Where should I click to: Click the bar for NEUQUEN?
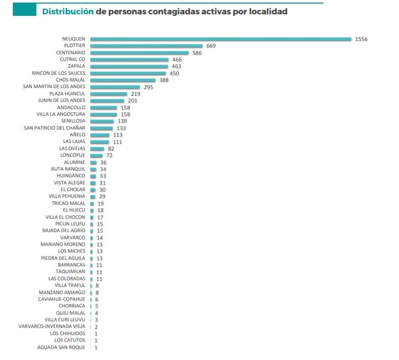tap(220, 39)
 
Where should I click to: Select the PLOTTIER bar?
tap(146, 46)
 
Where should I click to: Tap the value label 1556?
tap(361, 39)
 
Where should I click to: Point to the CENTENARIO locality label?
tap(71, 53)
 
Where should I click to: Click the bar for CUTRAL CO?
tap(129, 59)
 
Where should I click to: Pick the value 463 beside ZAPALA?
tap(177, 67)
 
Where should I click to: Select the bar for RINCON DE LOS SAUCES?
tap(128, 73)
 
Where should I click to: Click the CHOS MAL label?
tap(70, 80)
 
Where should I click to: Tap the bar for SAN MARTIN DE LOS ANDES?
tap(115, 87)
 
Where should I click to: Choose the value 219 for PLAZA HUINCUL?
tap(136, 94)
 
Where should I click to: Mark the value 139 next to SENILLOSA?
tap(122, 121)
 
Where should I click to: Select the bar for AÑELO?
tap(99, 135)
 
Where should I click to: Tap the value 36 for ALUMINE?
tap(103, 162)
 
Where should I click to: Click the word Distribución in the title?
tap(68, 11)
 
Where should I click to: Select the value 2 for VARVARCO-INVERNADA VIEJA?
tap(96, 327)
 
